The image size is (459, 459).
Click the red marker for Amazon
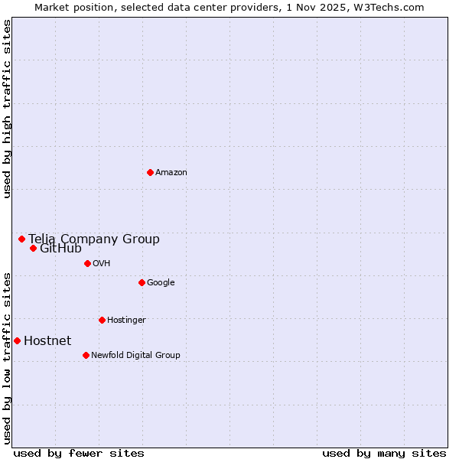point(150,172)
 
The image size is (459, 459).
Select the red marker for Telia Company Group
point(21,239)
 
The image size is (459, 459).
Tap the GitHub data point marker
point(33,248)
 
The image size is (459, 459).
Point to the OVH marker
point(87,263)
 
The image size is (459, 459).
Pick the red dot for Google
point(142,282)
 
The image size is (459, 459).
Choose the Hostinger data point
point(102,320)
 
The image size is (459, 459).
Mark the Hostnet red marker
point(17,340)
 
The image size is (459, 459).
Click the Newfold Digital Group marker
point(86,355)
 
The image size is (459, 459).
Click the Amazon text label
point(171,173)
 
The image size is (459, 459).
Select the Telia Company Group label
point(94,239)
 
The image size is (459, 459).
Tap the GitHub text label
point(60,249)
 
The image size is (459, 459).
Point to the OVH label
point(102,264)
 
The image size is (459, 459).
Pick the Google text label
point(161,283)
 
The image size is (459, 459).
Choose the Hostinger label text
point(126,321)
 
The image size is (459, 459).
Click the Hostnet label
point(47,341)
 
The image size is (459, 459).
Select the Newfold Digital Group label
point(135,356)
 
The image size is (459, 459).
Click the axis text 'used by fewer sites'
point(79,453)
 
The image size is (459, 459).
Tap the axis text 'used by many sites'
point(384,453)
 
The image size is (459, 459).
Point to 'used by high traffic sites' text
point(7,109)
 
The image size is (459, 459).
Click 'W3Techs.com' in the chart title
point(393,7)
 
